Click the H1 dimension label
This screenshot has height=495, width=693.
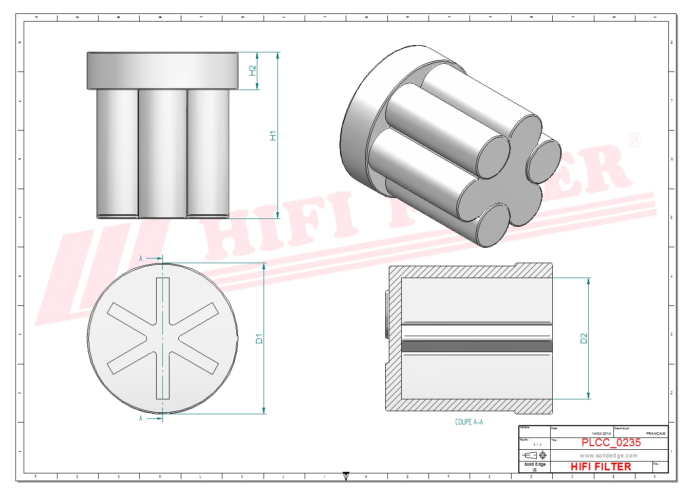point(273,136)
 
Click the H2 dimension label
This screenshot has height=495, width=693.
point(252,70)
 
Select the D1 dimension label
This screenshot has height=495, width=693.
point(259,339)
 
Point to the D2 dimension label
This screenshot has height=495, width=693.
point(583,338)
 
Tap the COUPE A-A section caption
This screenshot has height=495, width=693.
point(469,422)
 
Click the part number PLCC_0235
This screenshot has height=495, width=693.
point(611,443)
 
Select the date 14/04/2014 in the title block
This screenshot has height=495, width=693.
point(601,434)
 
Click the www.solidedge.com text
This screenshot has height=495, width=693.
point(608,455)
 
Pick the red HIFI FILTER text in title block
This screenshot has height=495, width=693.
point(601,467)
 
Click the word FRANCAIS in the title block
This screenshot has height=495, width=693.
point(655,434)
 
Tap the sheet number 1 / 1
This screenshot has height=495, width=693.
point(537,445)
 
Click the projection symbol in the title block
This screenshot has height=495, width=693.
point(534,455)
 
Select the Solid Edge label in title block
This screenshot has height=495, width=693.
point(535,464)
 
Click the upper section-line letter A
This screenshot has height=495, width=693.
point(141,259)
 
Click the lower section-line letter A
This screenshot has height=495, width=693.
point(141,418)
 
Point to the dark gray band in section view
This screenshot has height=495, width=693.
point(476,346)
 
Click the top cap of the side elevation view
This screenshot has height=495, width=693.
point(162,70)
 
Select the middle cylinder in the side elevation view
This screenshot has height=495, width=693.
point(162,153)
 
